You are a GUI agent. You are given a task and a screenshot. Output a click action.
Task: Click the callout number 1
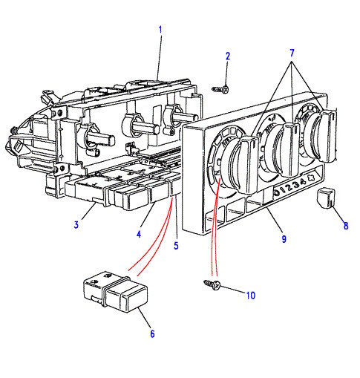click(x=160, y=30)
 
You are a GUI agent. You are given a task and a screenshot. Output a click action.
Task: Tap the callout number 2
click(x=228, y=56)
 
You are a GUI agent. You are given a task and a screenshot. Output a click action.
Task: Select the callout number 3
click(x=76, y=225)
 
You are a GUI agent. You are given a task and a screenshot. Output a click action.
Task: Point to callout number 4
click(x=139, y=234)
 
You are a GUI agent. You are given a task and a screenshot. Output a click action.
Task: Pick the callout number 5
click(x=176, y=246)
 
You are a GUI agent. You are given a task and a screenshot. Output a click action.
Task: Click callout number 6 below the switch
click(x=152, y=334)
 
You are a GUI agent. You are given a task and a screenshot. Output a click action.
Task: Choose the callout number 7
click(x=292, y=53)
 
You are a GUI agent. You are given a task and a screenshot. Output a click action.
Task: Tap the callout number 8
click(x=346, y=226)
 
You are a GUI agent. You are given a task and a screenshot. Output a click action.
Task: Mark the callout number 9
click(x=284, y=239)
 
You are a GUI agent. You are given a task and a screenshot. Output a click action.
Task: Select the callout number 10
click(x=250, y=296)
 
